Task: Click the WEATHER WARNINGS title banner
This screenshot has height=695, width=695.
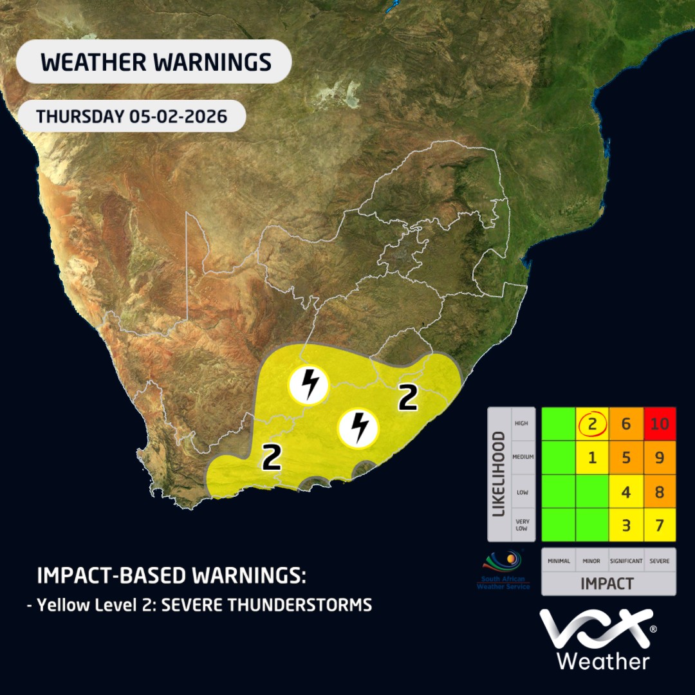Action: (x=154, y=62)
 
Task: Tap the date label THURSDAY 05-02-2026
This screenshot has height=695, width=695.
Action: (x=131, y=116)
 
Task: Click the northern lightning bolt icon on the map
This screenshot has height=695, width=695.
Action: (x=310, y=384)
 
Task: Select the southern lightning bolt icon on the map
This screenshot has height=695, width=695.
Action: (x=359, y=427)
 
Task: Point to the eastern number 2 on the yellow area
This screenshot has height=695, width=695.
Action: (x=408, y=398)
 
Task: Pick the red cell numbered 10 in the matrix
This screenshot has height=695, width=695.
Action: (x=659, y=425)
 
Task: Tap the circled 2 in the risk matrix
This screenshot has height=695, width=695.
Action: (x=593, y=425)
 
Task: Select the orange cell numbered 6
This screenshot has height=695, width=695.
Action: (x=625, y=425)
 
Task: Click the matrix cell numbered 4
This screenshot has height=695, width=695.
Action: (x=625, y=492)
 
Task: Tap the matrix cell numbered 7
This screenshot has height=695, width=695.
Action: (x=659, y=525)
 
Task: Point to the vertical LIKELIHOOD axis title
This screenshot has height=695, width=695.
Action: (x=498, y=474)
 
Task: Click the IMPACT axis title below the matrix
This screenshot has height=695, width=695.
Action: (x=607, y=584)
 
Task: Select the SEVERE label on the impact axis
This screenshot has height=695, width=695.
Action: (x=659, y=561)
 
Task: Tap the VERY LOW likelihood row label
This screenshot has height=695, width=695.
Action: (x=522, y=525)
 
